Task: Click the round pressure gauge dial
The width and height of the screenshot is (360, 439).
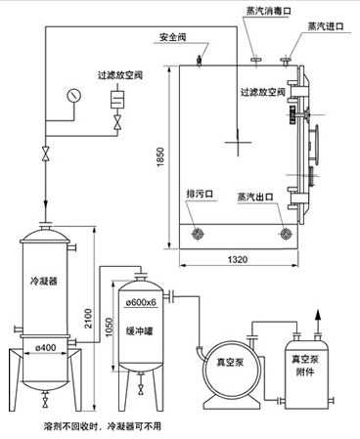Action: [74, 96]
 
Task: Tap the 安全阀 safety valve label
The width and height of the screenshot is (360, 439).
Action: [173, 37]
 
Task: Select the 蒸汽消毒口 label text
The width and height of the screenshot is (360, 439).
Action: [269, 11]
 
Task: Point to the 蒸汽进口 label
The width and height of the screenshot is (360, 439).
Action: [326, 26]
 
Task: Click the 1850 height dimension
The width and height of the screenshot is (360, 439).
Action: [160, 157]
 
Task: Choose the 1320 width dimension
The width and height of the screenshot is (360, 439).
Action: [238, 259]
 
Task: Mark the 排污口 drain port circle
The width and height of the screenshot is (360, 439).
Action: [198, 234]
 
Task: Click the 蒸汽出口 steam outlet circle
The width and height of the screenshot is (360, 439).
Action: [287, 234]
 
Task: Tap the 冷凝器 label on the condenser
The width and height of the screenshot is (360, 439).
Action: [44, 281]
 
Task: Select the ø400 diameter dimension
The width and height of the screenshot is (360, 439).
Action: [45, 348]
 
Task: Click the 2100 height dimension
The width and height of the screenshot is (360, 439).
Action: [88, 319]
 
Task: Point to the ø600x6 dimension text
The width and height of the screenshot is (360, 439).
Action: [141, 302]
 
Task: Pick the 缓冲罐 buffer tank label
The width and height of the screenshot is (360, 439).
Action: [139, 331]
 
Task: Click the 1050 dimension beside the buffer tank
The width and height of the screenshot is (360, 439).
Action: [109, 328]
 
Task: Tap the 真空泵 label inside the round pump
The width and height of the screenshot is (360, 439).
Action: [230, 362]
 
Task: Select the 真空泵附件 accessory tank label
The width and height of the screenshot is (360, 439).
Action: [305, 366]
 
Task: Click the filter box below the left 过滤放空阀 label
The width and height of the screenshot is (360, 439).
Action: [117, 100]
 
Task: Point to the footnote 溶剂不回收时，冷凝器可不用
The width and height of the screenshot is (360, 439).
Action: [102, 426]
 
